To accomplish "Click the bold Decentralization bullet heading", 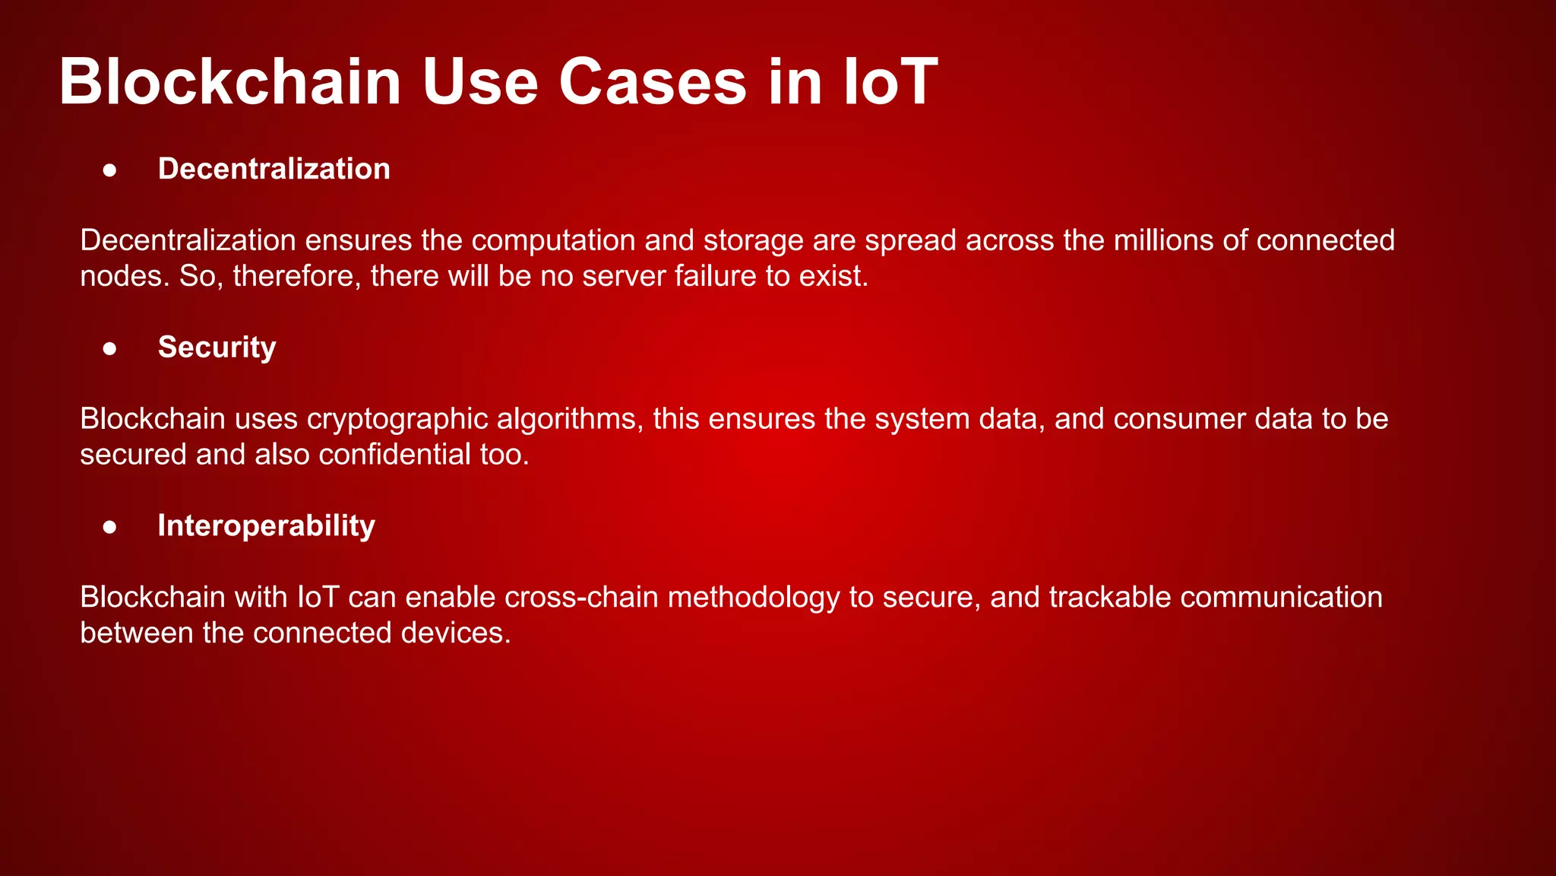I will pyautogui.click(x=274, y=169).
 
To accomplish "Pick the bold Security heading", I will pyautogui.click(x=217, y=348).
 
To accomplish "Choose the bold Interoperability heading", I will pyautogui.click(x=266, y=526).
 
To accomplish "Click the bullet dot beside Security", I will pyautogui.click(x=110, y=348).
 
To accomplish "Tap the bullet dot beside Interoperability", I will pyautogui.click(x=110, y=527).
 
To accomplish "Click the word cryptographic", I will pyautogui.click(x=397, y=419).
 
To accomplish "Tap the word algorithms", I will pyautogui.click(x=570, y=419).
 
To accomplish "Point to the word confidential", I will pyautogui.click(x=395, y=455).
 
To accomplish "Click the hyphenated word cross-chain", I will pyautogui.click(x=581, y=598).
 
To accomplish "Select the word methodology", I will pyautogui.click(x=754, y=598).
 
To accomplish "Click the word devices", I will pyautogui.click(x=455, y=633).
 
